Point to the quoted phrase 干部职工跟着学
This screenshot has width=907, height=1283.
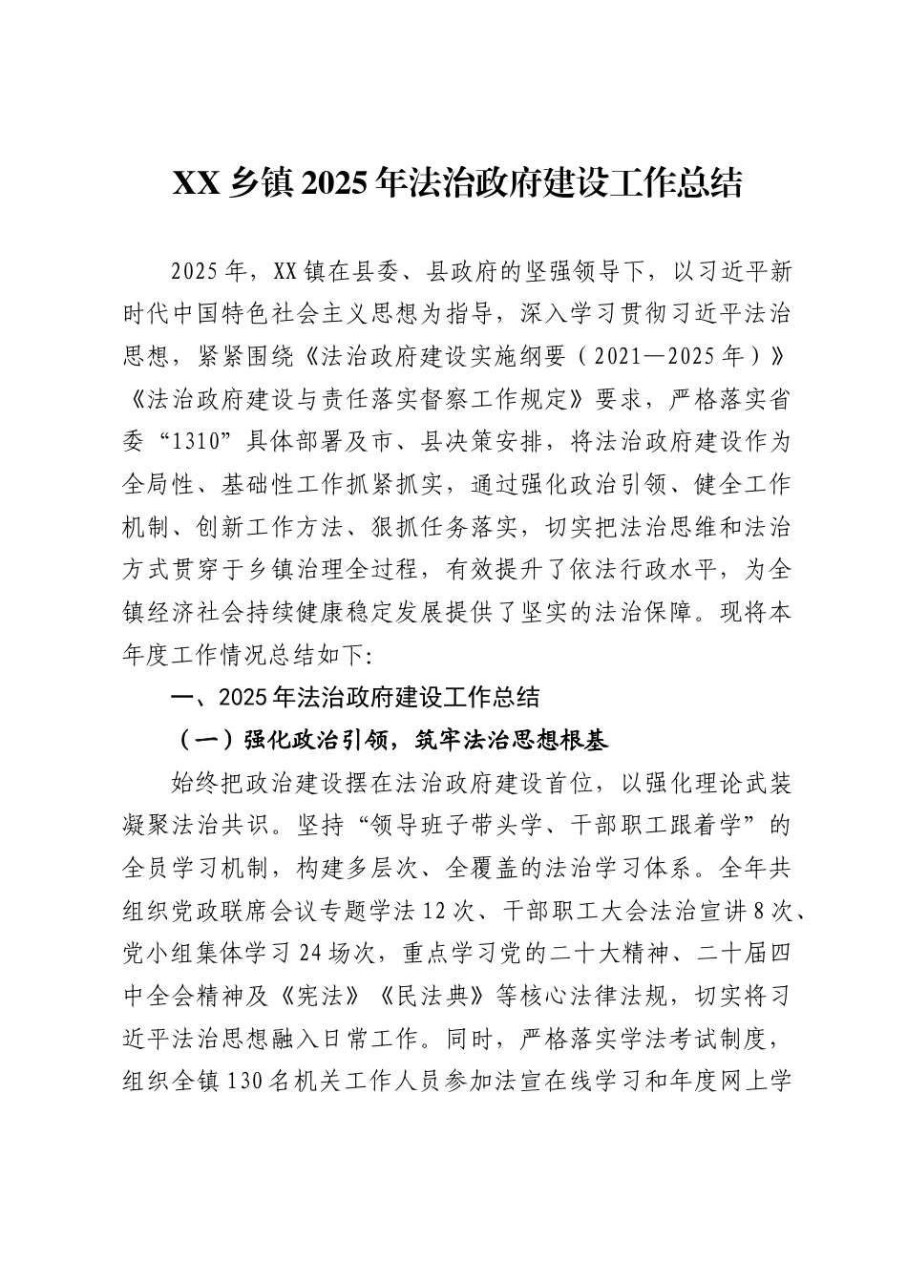640,825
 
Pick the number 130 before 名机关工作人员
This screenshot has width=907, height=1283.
244,1083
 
